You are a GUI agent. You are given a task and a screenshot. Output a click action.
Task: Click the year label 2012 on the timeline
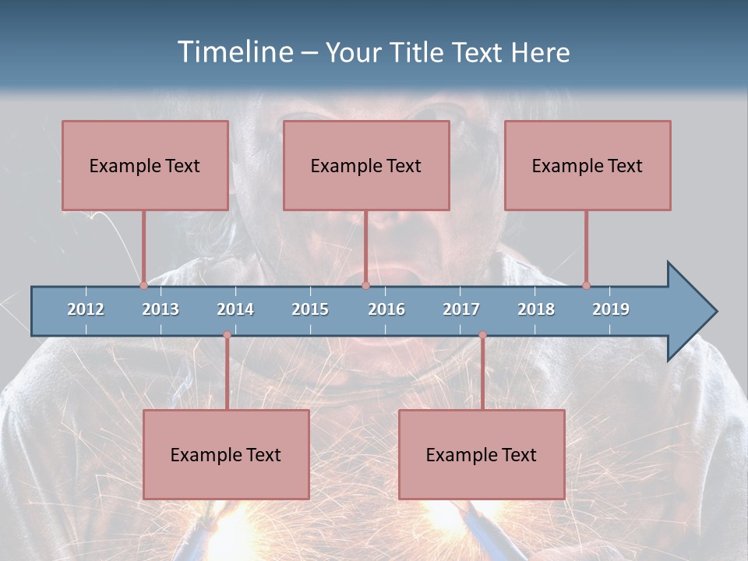pos(86,309)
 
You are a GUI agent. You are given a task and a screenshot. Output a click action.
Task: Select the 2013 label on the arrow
pos(161,309)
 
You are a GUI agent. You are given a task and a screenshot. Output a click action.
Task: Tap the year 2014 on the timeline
pos(235,309)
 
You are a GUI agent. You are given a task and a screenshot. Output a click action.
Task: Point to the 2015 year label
pos(310,309)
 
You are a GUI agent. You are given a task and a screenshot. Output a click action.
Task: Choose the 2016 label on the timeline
pos(386,309)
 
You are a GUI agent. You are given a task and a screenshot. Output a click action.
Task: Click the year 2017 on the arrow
pos(461,309)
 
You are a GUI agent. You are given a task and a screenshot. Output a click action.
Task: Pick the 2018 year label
pos(536,309)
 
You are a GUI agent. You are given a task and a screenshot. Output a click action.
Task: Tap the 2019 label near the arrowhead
pos(611,309)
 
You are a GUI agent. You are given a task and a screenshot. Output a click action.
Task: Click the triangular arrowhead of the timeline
pos(690,312)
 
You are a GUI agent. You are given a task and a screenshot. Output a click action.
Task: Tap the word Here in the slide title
pos(540,52)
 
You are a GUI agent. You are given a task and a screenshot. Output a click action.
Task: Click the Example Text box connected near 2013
pos(145,165)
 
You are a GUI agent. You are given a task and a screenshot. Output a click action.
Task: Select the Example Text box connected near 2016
pos(366,165)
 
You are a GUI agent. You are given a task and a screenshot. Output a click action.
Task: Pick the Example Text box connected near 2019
pos(587,165)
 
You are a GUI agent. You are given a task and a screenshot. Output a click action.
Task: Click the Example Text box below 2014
pos(226,454)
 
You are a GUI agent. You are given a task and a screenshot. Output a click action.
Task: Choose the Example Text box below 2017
pos(482,454)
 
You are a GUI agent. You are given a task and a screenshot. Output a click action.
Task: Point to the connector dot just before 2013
pos(143,285)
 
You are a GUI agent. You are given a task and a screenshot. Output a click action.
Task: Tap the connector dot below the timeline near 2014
pos(227,335)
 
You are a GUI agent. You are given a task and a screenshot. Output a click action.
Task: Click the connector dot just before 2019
pos(586,285)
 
